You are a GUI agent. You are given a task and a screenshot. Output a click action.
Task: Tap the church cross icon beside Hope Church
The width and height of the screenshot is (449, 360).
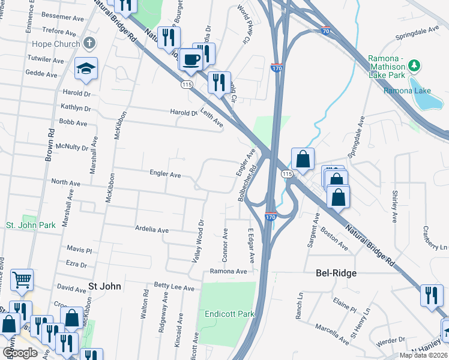(x=89, y=43)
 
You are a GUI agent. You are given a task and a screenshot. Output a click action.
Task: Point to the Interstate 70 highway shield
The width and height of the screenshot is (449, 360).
(x=325, y=29)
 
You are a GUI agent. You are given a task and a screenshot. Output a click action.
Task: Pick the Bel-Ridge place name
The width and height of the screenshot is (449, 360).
(x=336, y=273)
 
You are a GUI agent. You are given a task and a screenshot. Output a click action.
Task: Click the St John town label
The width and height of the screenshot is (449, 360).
(x=104, y=286)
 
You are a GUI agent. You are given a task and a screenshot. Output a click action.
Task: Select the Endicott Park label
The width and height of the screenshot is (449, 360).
(x=229, y=314)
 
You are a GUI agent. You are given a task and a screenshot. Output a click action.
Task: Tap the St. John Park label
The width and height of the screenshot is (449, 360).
(x=31, y=225)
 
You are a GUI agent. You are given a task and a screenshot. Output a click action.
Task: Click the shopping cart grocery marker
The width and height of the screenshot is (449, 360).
(x=22, y=279)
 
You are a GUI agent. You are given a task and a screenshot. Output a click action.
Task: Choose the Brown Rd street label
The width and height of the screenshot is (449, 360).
(x=49, y=146)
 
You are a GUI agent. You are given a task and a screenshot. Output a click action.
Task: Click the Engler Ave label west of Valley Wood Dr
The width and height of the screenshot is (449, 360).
(x=165, y=175)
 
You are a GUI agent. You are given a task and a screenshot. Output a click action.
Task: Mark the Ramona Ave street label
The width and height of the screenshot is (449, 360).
(x=228, y=271)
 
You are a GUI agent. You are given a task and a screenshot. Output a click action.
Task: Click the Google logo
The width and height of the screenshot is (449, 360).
(x=20, y=353)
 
